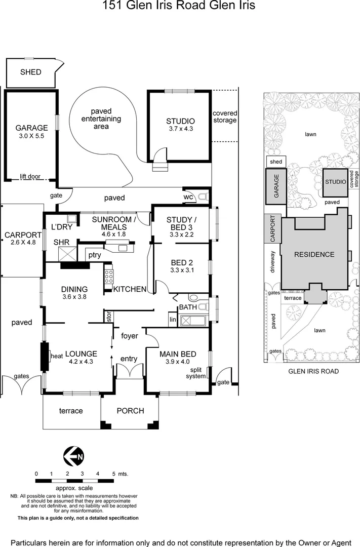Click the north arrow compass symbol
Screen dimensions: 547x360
(x=73, y=456)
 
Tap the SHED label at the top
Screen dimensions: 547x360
(x=30, y=72)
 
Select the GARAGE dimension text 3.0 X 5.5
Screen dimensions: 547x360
(x=31, y=136)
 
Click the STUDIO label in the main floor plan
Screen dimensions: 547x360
(x=180, y=121)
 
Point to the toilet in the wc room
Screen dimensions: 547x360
(x=203, y=197)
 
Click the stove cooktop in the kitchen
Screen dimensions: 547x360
(x=108, y=277)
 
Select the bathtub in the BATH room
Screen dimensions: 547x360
(x=193, y=320)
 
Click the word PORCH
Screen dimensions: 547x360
(x=130, y=411)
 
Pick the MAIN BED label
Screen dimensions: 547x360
(x=178, y=354)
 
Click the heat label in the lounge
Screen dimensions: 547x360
(x=56, y=356)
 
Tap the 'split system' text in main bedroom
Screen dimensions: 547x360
(x=196, y=373)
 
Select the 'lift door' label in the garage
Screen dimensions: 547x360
(x=31, y=177)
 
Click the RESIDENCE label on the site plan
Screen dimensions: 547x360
(x=314, y=254)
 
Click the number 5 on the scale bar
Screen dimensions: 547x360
(x=113, y=474)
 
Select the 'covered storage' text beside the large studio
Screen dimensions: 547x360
(x=225, y=116)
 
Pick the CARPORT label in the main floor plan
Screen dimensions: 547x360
(x=22, y=235)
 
